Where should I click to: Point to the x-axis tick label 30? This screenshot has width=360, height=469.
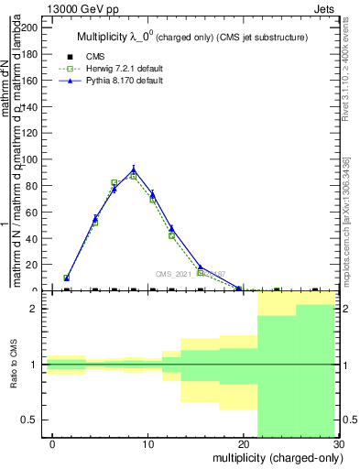pyautogui.click(x=338, y=444)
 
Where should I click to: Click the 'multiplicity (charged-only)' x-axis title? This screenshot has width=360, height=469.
pyautogui.click(x=276, y=457)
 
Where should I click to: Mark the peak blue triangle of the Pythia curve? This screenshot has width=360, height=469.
pyautogui.click(x=134, y=169)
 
